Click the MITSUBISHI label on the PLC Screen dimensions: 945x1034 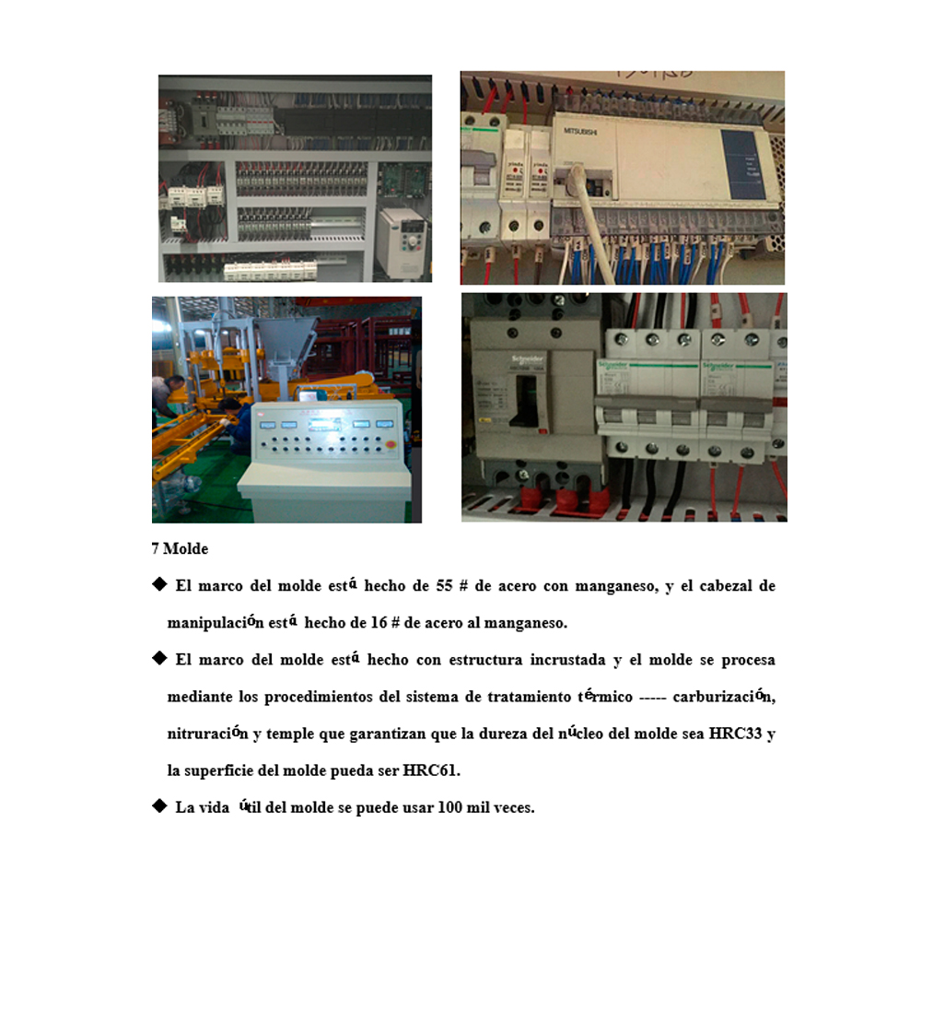click(580, 131)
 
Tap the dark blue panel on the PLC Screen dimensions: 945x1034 click(742, 164)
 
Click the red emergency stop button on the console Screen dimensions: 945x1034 click(391, 445)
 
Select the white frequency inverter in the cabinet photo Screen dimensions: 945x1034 click(403, 242)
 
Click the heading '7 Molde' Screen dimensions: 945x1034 click(180, 548)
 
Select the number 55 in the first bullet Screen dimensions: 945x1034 click(444, 585)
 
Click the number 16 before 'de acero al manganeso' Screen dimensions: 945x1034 click(379, 622)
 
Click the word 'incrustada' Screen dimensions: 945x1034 click(567, 660)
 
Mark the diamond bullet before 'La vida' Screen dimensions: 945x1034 click(159, 805)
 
